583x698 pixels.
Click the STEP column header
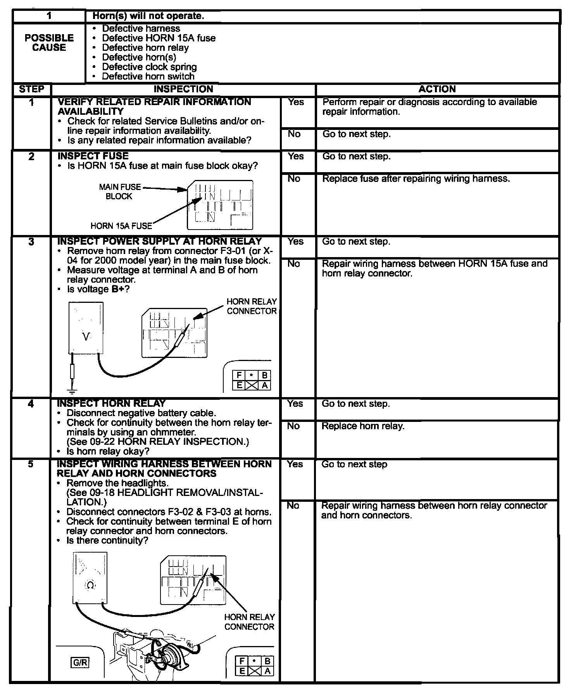point(31,89)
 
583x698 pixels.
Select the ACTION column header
point(437,89)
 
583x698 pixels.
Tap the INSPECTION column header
point(183,89)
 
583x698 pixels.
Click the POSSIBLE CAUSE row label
point(49,43)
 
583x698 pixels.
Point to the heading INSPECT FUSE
point(93,156)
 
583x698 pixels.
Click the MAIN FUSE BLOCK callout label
point(120,192)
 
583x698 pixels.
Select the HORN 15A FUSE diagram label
point(121,226)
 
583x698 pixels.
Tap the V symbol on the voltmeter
point(86,337)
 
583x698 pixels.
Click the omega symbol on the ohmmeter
point(90,585)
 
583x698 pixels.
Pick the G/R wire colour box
point(80,662)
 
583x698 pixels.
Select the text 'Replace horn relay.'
point(363,426)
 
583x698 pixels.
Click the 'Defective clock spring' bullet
point(149,67)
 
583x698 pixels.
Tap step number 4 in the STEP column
point(31,404)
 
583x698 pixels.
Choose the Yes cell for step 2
point(296,156)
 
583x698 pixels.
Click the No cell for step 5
point(293,506)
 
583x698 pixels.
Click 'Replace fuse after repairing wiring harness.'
point(416,179)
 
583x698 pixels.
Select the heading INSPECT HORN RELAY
point(111,403)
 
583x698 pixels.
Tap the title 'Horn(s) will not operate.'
point(148,16)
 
